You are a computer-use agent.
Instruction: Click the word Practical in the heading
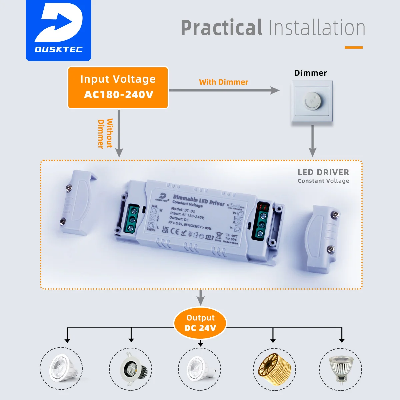point(221,28)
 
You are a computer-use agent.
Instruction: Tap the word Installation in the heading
point(317,28)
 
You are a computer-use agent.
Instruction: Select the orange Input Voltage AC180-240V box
point(118,88)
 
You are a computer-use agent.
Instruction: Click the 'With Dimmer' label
point(223,82)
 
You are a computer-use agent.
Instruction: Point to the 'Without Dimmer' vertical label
point(105,133)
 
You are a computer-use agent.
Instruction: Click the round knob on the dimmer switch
point(311,100)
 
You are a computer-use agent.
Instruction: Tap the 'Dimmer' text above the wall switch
point(311,73)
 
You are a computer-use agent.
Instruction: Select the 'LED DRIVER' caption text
point(323,172)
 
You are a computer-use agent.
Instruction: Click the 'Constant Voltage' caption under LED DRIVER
point(323,181)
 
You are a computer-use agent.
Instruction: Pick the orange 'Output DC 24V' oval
point(200,323)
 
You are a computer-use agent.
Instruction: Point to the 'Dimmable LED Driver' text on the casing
point(199,200)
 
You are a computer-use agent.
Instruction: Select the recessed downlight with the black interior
point(131,369)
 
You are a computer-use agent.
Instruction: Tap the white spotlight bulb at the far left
point(63,368)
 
